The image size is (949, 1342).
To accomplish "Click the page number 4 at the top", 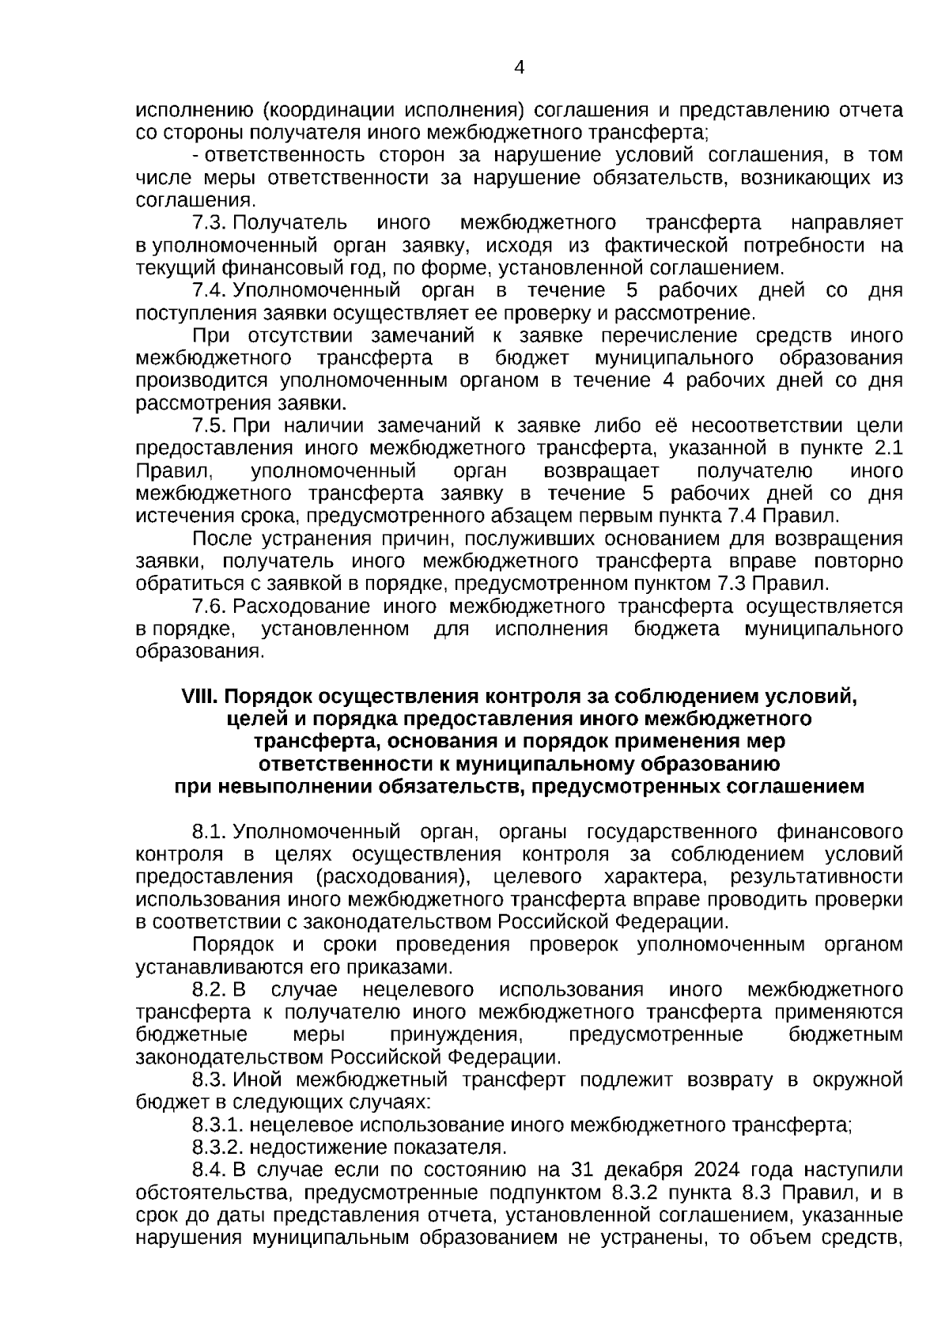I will coord(519,67).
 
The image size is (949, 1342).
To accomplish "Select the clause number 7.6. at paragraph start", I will coord(210,607).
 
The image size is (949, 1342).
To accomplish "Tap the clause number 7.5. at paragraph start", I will coord(210,426).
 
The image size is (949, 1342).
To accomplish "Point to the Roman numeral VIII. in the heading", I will coord(200,697).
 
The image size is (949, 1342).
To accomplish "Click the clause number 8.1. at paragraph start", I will coord(210,832).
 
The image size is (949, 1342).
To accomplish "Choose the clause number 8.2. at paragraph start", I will coord(210,990).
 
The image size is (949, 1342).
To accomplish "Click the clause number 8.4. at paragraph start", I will coord(210,1170).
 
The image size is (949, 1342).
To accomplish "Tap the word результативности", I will coord(817,877).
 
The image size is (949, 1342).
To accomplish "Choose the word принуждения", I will coord(456,1035).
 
